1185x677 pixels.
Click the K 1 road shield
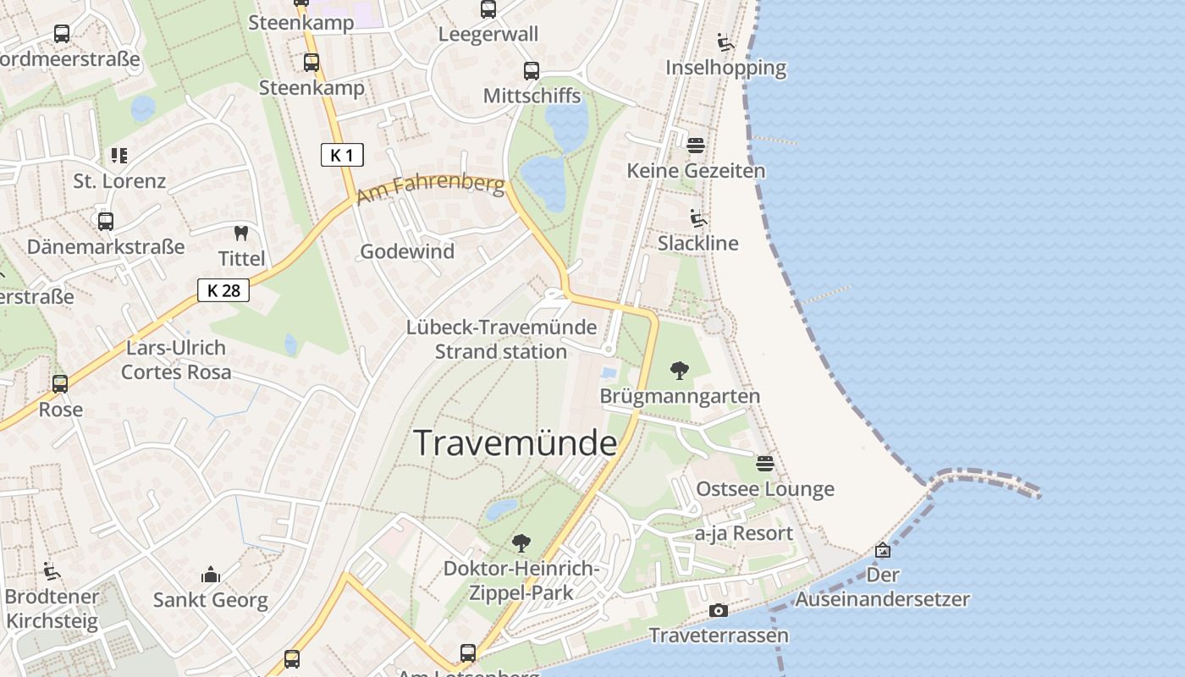(342, 155)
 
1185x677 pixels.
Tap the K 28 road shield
(223, 290)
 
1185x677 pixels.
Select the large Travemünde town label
(515, 443)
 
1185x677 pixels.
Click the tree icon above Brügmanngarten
(679, 370)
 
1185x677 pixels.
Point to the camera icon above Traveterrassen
(718, 610)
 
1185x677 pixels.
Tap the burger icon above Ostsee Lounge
(765, 463)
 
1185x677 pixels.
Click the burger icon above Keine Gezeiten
(695, 146)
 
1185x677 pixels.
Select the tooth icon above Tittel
(241, 233)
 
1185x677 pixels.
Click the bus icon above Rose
(60, 383)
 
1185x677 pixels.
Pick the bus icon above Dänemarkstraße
(106, 222)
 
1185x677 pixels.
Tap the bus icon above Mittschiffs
(532, 71)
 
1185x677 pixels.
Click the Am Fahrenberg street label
(430, 190)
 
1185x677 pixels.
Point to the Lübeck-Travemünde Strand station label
(501, 339)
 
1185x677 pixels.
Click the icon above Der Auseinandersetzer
(883, 550)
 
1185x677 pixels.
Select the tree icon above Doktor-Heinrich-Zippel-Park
(521, 542)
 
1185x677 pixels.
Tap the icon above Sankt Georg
(211, 575)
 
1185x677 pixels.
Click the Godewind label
(407, 251)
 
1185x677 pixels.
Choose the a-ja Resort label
(744, 534)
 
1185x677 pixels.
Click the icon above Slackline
(698, 218)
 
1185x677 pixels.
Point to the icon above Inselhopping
(725, 42)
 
